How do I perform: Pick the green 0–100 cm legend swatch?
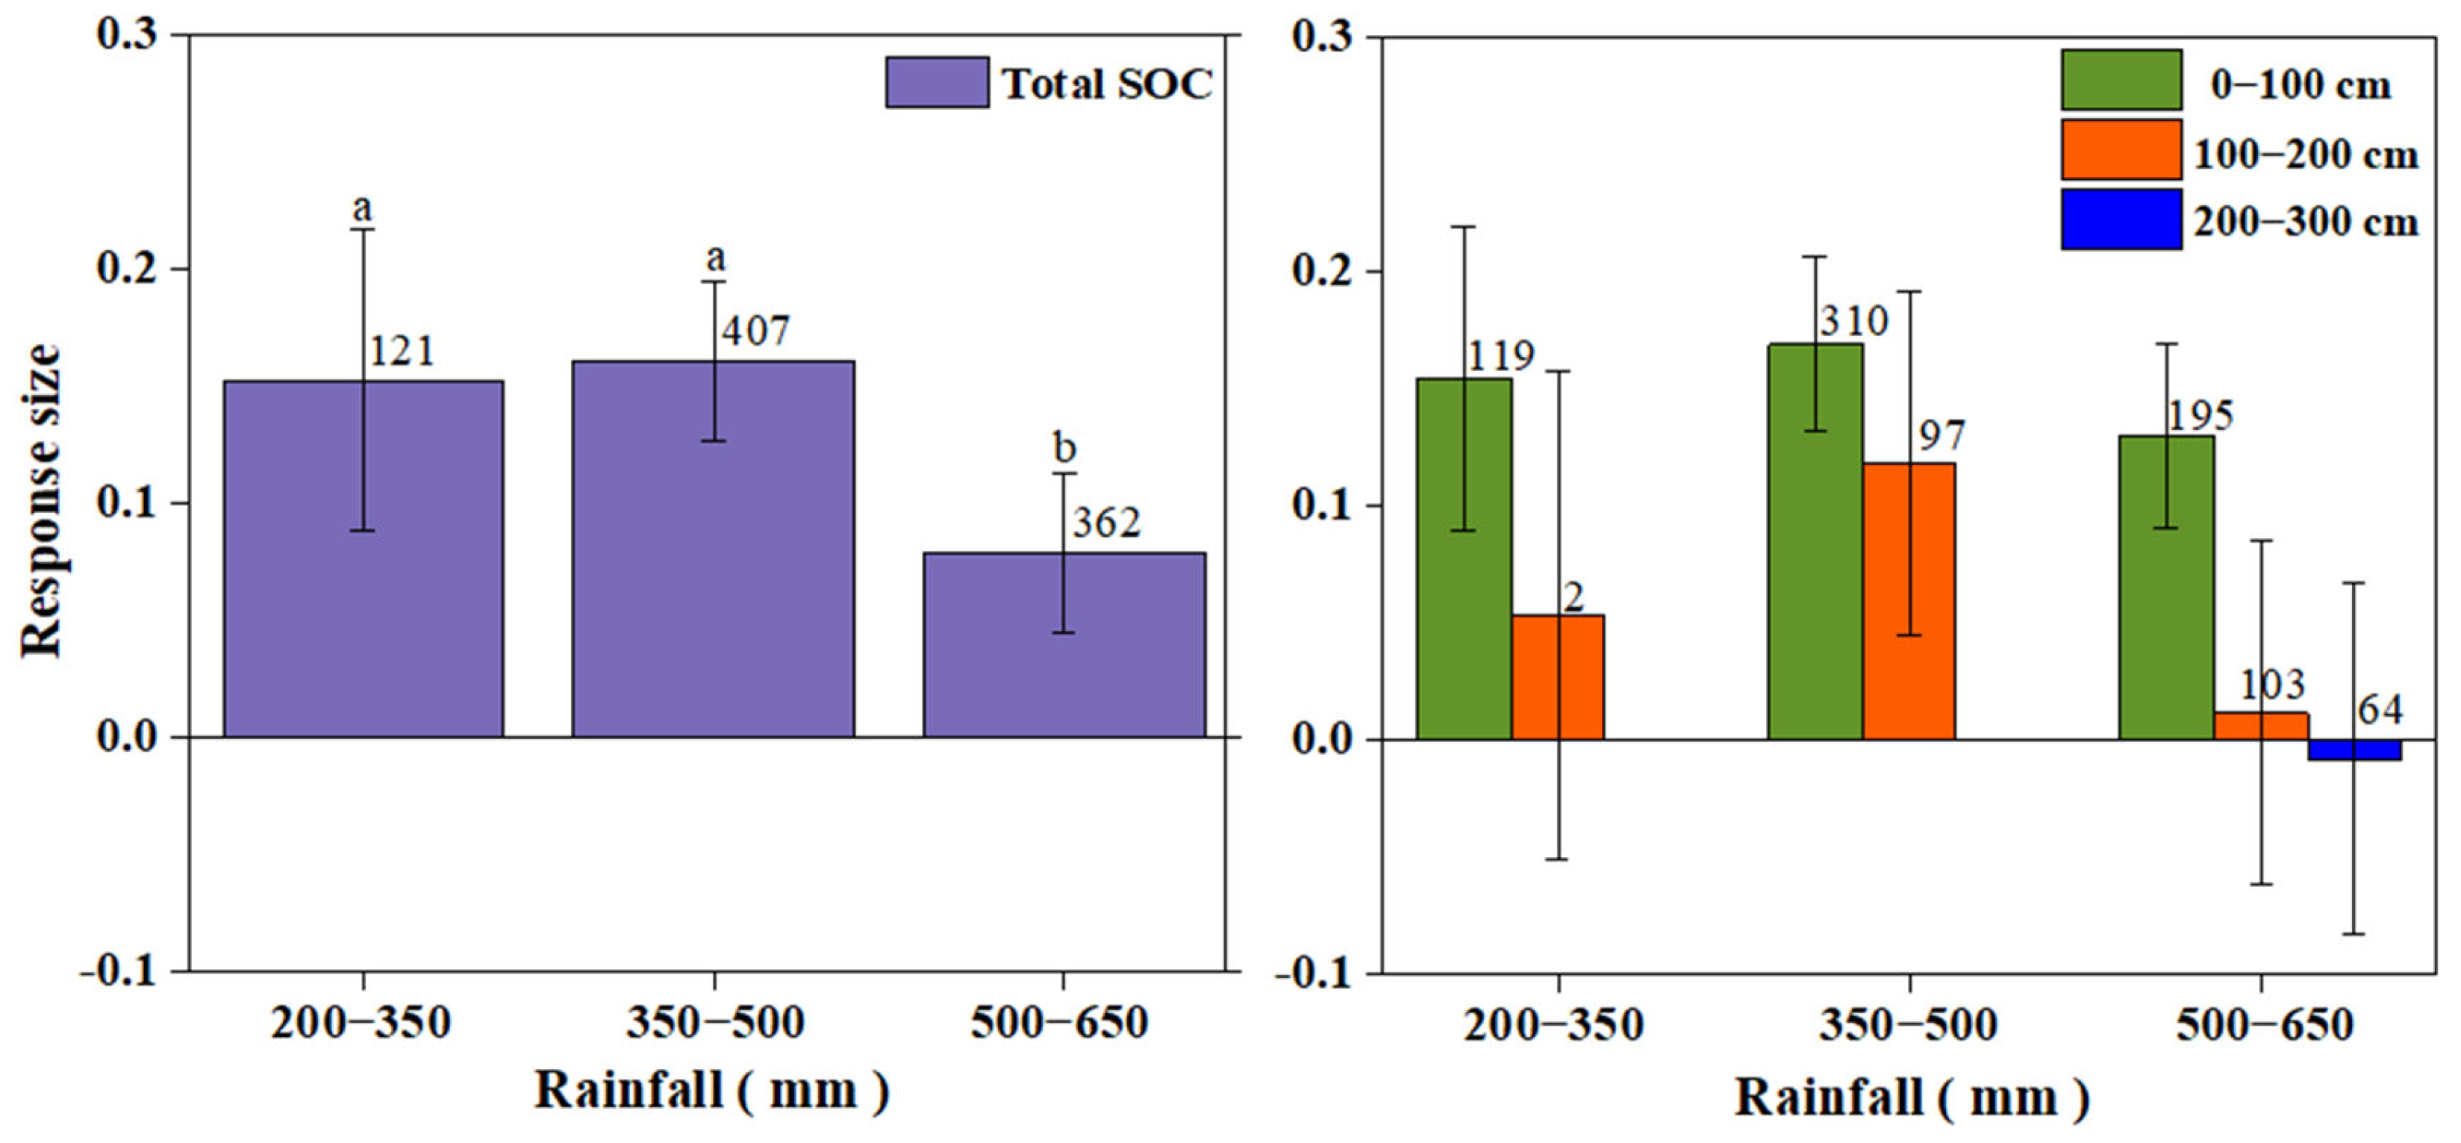coord(2121,81)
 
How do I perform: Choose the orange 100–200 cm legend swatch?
coord(2121,150)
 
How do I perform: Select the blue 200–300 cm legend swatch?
coord(2121,219)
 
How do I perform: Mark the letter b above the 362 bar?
coord(1064,447)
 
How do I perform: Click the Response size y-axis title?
coord(42,501)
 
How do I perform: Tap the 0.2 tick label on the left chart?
coord(126,270)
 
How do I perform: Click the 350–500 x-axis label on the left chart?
coord(714,1024)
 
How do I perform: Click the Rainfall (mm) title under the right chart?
coord(1911,1098)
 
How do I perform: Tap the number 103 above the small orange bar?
coord(2272,685)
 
